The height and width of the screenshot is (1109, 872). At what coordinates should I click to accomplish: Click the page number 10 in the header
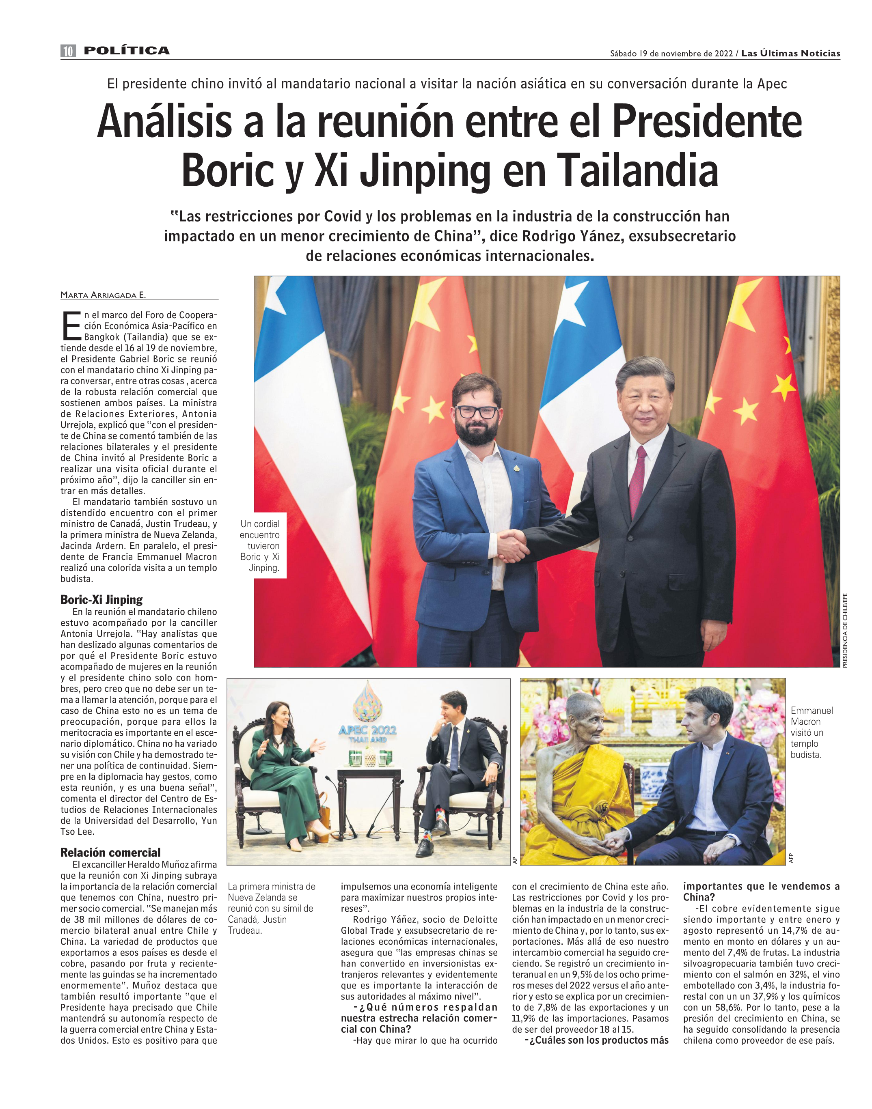[x=68, y=51]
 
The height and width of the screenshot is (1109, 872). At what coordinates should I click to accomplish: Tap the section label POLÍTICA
[x=127, y=51]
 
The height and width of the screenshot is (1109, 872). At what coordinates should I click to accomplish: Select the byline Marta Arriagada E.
[x=103, y=295]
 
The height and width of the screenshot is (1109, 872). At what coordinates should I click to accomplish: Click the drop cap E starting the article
[x=71, y=325]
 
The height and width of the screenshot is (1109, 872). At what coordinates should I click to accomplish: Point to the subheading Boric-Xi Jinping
[x=101, y=599]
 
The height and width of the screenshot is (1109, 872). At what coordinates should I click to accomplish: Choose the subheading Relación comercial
[x=110, y=852]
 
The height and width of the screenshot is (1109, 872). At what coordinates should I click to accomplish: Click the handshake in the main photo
[x=513, y=545]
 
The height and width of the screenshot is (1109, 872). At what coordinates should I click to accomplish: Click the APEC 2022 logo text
[x=367, y=730]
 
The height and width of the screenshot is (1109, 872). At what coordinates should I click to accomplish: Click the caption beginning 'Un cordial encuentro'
[x=260, y=545]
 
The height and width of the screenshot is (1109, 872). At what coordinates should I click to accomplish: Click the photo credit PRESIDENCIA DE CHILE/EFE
[x=845, y=630]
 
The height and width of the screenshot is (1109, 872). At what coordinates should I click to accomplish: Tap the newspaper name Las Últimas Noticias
[x=790, y=53]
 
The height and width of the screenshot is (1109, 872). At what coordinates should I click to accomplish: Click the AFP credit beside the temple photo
[x=791, y=858]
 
